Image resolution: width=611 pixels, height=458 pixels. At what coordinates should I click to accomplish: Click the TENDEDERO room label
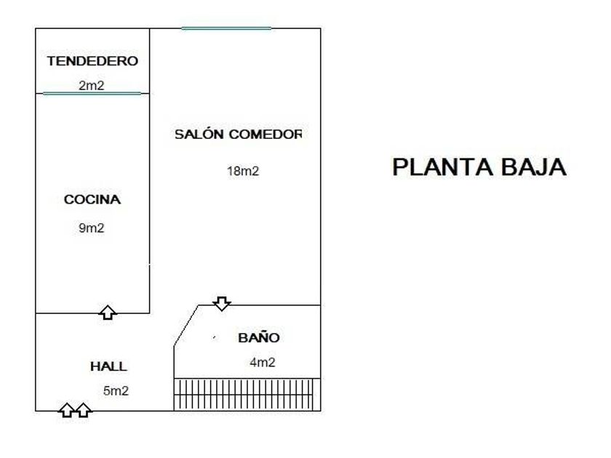pos(92,62)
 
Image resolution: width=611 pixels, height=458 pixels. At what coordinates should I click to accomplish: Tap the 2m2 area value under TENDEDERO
pos(92,86)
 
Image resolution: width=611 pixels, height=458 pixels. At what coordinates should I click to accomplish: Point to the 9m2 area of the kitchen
pos(92,228)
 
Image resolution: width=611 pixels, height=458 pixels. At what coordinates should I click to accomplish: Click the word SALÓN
pos(199,134)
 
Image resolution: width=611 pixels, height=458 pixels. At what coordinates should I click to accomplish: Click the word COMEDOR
pos(265,134)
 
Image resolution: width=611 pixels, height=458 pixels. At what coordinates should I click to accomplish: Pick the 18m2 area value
pos(243,172)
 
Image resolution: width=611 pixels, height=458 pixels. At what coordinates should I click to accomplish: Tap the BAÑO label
pos(259,338)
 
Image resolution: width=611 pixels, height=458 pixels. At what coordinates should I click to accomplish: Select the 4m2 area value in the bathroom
pos(262,363)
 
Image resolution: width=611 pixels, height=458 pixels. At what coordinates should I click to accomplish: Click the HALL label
pos(108,367)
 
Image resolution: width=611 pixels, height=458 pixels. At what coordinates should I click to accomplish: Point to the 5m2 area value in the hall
pos(116,391)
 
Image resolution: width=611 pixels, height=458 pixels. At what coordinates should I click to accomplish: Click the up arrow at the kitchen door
pos(108,312)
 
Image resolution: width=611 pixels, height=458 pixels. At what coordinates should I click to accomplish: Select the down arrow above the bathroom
pos(222,302)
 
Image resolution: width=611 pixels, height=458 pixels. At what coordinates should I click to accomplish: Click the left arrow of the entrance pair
pos(66,410)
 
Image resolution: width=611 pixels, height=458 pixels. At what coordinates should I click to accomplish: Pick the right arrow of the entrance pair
pos(84,410)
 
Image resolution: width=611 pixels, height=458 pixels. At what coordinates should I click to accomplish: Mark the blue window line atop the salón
pos(226,28)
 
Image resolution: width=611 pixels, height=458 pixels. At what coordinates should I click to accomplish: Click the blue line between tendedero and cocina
pos(92,93)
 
